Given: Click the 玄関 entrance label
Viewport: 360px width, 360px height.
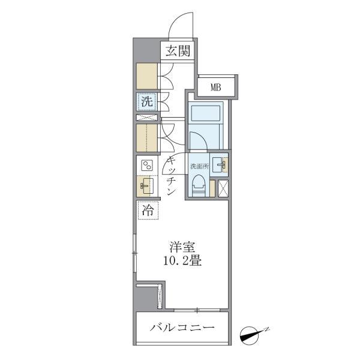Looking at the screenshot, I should (x=178, y=52).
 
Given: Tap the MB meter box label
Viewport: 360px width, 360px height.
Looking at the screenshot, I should (x=215, y=88).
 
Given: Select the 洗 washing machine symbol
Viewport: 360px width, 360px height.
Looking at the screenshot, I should (x=147, y=102).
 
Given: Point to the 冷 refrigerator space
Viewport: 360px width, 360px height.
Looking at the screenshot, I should (x=147, y=210).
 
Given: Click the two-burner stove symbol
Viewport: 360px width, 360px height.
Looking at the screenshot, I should (x=147, y=166).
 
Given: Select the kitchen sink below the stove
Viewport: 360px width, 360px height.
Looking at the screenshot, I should (x=146, y=186).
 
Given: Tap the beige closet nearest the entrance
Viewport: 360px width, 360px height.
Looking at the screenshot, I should (x=146, y=76).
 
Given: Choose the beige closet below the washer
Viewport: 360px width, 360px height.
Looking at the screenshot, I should (x=146, y=139).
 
